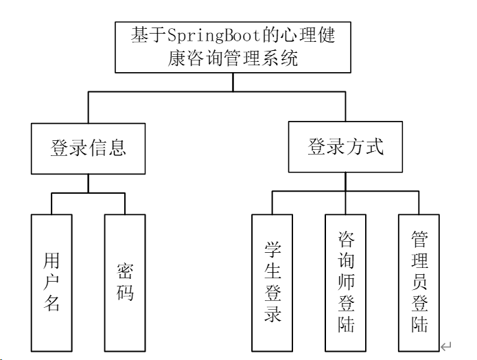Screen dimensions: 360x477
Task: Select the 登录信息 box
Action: tap(88, 148)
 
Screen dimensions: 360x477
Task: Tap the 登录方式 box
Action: tap(345, 147)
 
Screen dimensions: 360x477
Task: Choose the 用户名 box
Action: tap(51, 282)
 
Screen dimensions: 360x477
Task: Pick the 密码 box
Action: tap(125, 282)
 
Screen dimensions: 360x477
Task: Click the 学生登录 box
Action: tap(272, 282)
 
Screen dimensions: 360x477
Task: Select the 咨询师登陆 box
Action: tap(346, 282)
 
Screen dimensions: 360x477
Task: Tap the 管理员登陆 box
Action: tap(419, 282)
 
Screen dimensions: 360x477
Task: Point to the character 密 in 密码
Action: tap(125, 270)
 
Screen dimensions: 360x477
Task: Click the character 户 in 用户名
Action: tap(51, 282)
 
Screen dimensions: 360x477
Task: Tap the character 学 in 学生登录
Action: tap(272, 247)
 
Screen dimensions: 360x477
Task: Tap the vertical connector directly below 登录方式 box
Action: tap(345, 182)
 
